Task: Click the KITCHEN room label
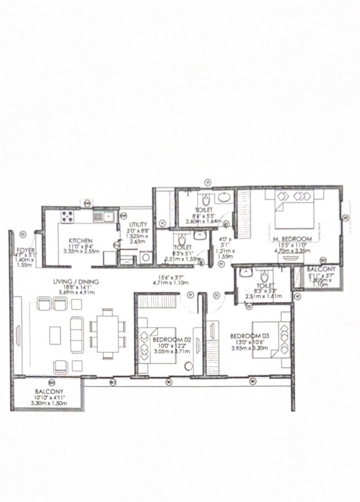tap(77, 240)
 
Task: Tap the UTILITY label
tap(138, 225)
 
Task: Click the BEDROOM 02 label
tap(173, 340)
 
